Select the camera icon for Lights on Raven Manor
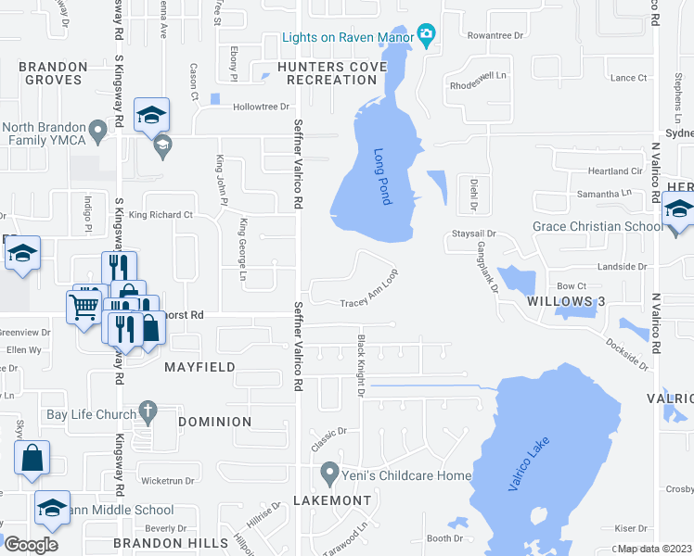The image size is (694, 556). pyautogui.click(x=427, y=36)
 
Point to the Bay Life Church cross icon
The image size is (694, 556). pyautogui.click(x=147, y=409)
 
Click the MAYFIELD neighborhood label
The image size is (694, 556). pyautogui.click(x=199, y=367)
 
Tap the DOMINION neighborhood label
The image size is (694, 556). pyautogui.click(x=214, y=422)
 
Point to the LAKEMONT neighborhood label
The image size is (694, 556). pyautogui.click(x=332, y=500)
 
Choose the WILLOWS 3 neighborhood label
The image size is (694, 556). pyautogui.click(x=565, y=302)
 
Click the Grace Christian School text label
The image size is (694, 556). pyautogui.click(x=598, y=226)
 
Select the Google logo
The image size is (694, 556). pyautogui.click(x=32, y=544)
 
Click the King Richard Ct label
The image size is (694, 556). pyautogui.click(x=160, y=215)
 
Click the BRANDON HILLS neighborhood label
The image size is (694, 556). pyautogui.click(x=171, y=542)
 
